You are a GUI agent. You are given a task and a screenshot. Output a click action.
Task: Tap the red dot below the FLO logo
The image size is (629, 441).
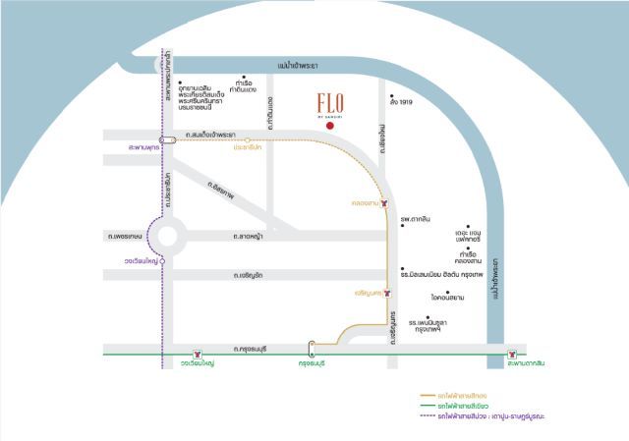click(x=331, y=127)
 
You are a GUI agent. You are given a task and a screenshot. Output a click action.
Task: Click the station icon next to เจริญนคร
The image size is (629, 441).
click(x=388, y=292)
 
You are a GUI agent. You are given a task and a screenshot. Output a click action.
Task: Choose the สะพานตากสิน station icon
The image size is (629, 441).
click(x=511, y=354)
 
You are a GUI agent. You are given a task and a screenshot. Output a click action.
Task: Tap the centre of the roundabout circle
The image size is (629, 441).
click(x=164, y=236)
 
